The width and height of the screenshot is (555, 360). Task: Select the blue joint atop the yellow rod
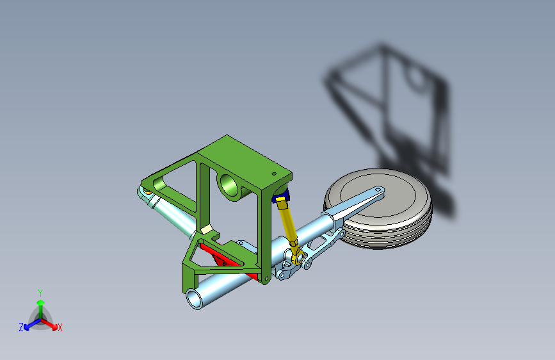click(x=282, y=195)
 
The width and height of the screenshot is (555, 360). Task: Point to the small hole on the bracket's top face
click(x=273, y=174)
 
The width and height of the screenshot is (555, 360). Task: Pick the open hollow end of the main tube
click(x=194, y=299)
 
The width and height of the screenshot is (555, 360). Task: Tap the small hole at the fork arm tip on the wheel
click(x=378, y=190)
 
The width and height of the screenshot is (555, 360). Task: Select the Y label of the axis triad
click(x=40, y=293)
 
